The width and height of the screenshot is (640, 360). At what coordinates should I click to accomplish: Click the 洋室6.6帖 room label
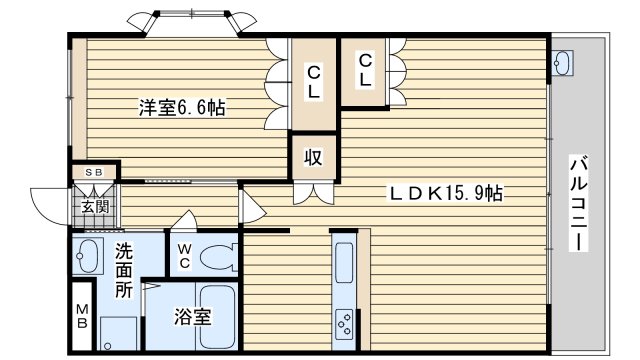coord(182,108)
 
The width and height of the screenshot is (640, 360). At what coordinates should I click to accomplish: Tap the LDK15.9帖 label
coord(446,193)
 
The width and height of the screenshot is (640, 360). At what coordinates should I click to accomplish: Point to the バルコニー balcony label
coord(578,203)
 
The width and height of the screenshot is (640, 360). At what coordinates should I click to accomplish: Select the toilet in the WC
coord(219,257)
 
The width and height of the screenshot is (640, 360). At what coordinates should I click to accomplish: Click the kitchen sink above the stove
coord(344,262)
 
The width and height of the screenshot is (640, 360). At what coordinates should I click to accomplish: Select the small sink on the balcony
coord(563,62)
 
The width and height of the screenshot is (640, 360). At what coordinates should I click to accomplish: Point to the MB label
coord(82,316)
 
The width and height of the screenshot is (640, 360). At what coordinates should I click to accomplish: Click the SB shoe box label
coord(94,172)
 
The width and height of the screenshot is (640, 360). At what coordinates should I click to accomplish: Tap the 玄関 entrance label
coord(95,207)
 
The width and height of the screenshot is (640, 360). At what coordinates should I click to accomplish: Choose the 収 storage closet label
coord(313,157)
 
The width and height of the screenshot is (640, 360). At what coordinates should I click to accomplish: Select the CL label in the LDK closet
coord(365,70)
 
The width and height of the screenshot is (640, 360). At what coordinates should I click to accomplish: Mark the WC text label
coord(184,256)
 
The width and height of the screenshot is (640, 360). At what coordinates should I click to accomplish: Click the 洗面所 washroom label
coord(123,271)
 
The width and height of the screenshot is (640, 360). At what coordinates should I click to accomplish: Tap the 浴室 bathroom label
coord(193,317)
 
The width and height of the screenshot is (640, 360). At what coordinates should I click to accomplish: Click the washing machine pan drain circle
coord(108,347)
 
